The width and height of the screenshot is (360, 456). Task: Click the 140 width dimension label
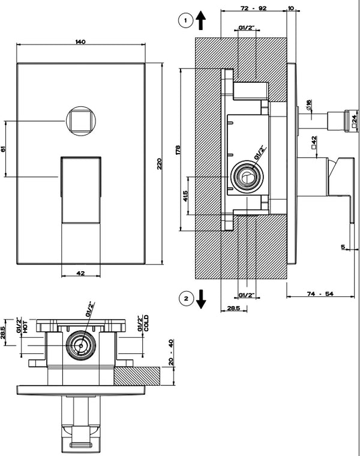[80, 42]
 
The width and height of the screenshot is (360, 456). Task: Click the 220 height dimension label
[159, 164]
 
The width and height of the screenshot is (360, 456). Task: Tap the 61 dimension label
[3, 149]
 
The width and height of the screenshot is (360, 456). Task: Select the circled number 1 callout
[186, 20]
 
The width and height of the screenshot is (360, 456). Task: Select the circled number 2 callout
[186, 298]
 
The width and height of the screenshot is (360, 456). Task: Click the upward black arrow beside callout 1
[200, 20]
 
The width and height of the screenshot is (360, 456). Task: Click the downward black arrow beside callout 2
[200, 299]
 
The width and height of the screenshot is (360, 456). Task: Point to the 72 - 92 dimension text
[254, 8]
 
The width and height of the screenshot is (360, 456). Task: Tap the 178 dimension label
[178, 149]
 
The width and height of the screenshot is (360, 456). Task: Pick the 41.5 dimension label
[185, 196]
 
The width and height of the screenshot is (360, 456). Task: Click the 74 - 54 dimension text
[320, 294]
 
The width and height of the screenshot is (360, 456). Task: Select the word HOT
[25, 326]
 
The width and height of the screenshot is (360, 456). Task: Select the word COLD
[146, 323]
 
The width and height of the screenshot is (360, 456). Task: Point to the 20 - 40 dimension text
[171, 352]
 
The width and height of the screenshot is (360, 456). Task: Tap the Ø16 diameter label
[308, 105]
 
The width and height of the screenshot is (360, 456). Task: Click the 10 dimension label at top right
[291, 8]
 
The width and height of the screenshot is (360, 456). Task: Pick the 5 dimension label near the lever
[343, 247]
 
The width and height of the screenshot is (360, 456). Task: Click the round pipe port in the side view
[247, 176]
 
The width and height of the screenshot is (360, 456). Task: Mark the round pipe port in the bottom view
[80, 346]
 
